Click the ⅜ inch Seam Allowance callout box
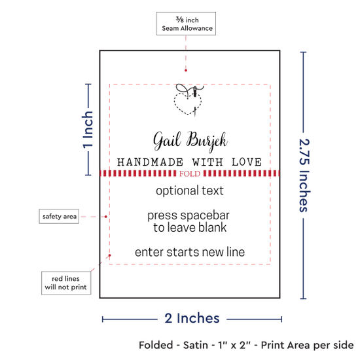point(186,24)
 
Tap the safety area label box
point(59,216)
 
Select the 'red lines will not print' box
point(66,283)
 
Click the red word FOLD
point(190,173)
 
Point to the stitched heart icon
point(189,100)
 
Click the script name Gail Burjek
point(190,141)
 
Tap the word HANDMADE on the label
point(150,162)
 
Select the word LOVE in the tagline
point(247,162)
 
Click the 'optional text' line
point(190,190)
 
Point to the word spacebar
point(205,216)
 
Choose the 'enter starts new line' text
point(190,252)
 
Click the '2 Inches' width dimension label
point(192,319)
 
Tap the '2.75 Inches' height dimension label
point(304,175)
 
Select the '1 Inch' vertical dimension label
point(88,130)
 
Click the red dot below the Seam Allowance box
point(186,71)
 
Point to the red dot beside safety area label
point(106,217)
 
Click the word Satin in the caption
point(196,345)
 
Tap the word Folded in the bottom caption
point(156,345)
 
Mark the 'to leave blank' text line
point(190,228)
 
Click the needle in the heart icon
point(195,92)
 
